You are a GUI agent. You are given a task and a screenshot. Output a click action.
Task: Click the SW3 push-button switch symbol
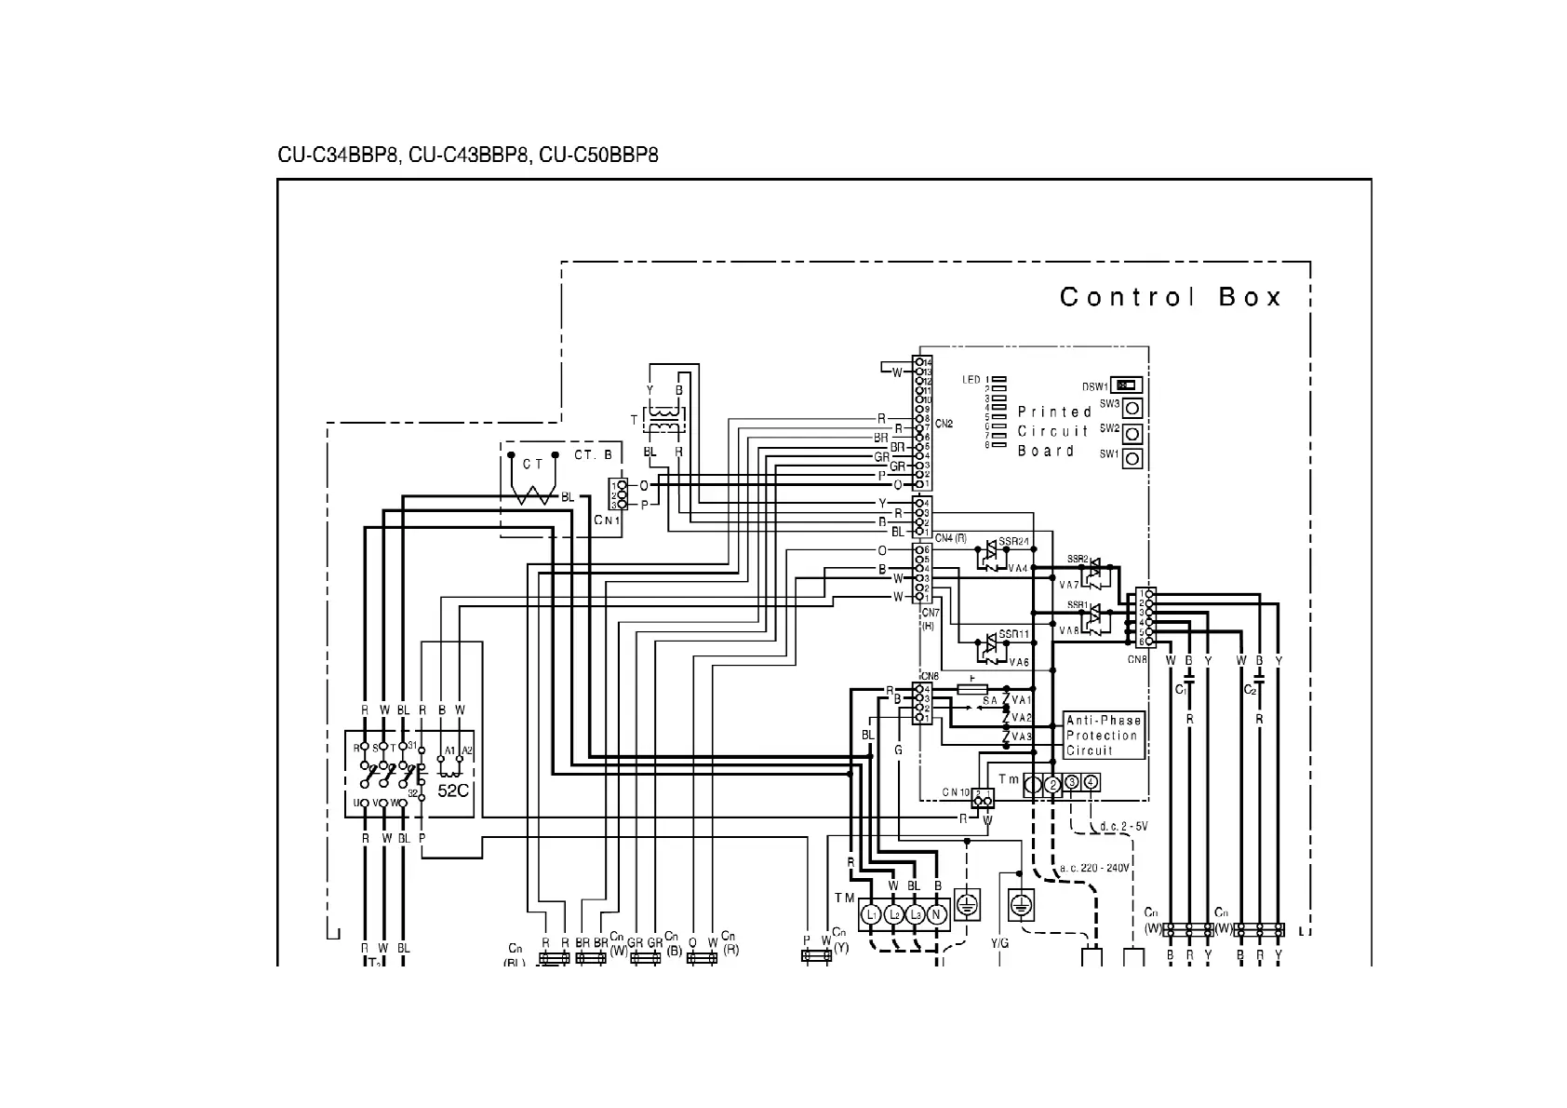point(1132,408)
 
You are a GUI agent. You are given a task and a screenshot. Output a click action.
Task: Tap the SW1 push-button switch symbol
point(1132,458)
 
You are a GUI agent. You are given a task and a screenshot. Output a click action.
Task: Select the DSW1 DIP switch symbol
point(1124,385)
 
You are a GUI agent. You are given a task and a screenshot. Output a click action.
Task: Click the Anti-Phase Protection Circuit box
point(1104,736)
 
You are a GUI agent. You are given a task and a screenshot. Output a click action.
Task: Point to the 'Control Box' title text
point(1171,297)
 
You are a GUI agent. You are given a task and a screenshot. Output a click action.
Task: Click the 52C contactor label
point(453,790)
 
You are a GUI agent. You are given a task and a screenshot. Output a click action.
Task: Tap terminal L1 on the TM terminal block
point(872,914)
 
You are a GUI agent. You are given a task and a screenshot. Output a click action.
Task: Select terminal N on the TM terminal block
point(936,914)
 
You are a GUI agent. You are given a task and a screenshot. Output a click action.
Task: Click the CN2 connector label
point(944,424)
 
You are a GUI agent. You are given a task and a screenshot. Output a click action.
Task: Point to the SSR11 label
point(1014,634)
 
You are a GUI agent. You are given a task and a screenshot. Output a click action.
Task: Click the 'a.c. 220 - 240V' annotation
point(1094,868)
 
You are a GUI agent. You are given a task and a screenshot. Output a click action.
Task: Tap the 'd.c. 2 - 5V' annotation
point(1123,826)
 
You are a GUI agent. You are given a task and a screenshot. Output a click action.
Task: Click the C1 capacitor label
point(1180,690)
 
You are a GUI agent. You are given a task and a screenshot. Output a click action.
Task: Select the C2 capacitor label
point(1250,690)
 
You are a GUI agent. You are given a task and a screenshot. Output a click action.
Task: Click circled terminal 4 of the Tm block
point(1092,782)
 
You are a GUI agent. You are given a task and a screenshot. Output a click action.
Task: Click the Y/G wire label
point(999,943)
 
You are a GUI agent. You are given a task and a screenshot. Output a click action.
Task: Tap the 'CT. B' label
point(593,455)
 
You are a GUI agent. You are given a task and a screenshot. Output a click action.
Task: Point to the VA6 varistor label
point(1019,662)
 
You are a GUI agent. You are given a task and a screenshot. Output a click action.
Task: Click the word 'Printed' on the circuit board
point(1054,412)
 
